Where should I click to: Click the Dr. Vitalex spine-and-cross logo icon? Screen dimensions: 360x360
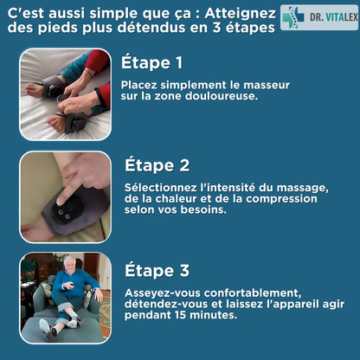(x=294, y=16)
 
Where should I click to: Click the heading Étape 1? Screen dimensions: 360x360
(x=151, y=63)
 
